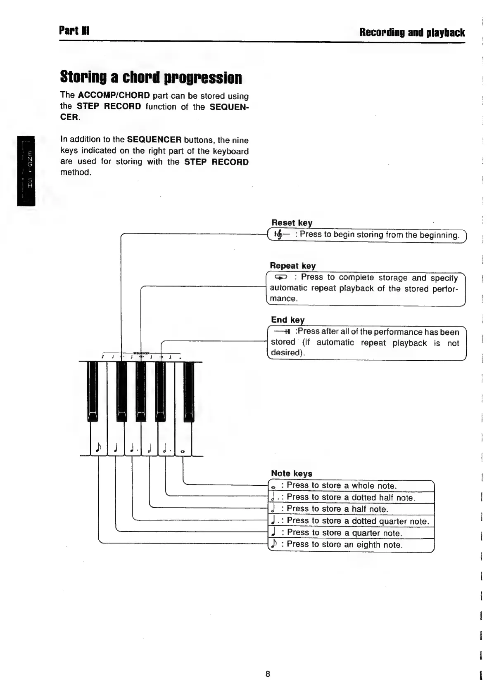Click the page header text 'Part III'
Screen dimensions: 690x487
[74, 31]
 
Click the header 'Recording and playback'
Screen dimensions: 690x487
[412, 32]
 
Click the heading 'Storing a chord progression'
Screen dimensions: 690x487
[151, 77]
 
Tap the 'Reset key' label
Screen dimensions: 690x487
[292, 222]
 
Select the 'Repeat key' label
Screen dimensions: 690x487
[292, 265]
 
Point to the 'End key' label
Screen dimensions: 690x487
[287, 319]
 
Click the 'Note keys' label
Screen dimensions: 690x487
[291, 473]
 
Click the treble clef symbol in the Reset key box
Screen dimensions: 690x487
[280, 235]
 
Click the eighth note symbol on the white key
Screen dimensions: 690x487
[98, 447]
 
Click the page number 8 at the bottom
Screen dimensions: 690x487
[268, 674]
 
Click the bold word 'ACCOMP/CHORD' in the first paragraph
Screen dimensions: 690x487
[114, 96]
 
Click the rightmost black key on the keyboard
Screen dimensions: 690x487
[188, 390]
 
